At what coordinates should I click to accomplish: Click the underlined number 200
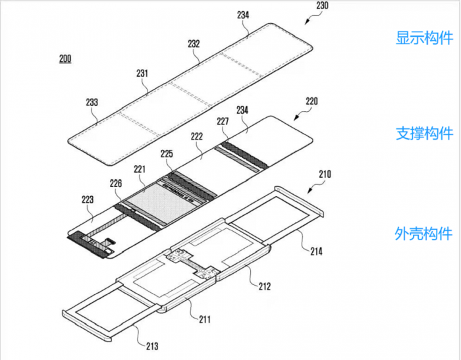click(65, 59)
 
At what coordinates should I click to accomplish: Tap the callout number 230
click(322, 5)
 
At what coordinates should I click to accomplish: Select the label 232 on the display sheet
click(194, 44)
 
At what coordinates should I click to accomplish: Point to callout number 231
click(142, 73)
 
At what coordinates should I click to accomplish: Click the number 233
click(92, 102)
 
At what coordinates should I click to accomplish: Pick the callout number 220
click(312, 101)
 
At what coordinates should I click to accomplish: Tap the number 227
click(223, 121)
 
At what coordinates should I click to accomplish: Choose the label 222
click(197, 136)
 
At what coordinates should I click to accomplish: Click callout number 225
click(167, 154)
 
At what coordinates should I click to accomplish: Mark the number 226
click(116, 184)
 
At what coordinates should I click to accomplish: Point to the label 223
click(88, 200)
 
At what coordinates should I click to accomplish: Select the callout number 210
click(325, 174)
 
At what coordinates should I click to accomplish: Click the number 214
click(316, 251)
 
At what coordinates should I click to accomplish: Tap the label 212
click(265, 286)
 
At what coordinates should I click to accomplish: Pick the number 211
click(205, 319)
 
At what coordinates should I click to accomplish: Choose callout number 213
click(152, 346)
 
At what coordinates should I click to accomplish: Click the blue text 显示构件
click(424, 38)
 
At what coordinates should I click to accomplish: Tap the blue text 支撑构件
click(424, 134)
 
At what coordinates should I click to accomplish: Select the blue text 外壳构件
click(423, 234)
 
